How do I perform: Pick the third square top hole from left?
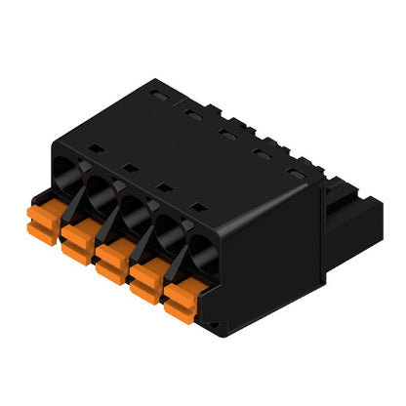click(x=162, y=186)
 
